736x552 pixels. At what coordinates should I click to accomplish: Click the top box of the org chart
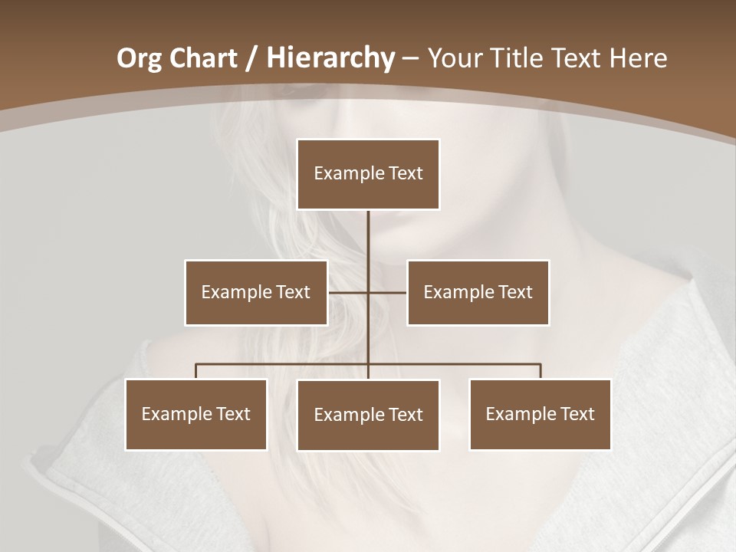(x=368, y=174)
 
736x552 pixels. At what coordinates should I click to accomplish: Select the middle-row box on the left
(x=255, y=292)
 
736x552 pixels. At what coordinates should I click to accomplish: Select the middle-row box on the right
(x=478, y=292)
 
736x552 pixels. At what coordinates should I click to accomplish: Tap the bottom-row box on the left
(x=195, y=414)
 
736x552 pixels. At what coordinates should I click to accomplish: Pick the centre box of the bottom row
(x=368, y=415)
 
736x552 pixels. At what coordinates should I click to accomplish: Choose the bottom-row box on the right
(x=540, y=414)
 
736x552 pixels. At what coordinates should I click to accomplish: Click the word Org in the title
(x=139, y=58)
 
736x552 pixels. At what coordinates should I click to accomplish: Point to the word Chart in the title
(x=202, y=58)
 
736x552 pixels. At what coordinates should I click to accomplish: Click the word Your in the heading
(x=458, y=58)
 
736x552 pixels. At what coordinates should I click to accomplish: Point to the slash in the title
(x=252, y=58)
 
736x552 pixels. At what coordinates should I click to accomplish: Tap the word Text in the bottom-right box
(x=577, y=414)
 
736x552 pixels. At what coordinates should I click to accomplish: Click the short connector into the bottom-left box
(x=195, y=371)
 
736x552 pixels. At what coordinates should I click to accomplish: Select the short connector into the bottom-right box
(x=540, y=371)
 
